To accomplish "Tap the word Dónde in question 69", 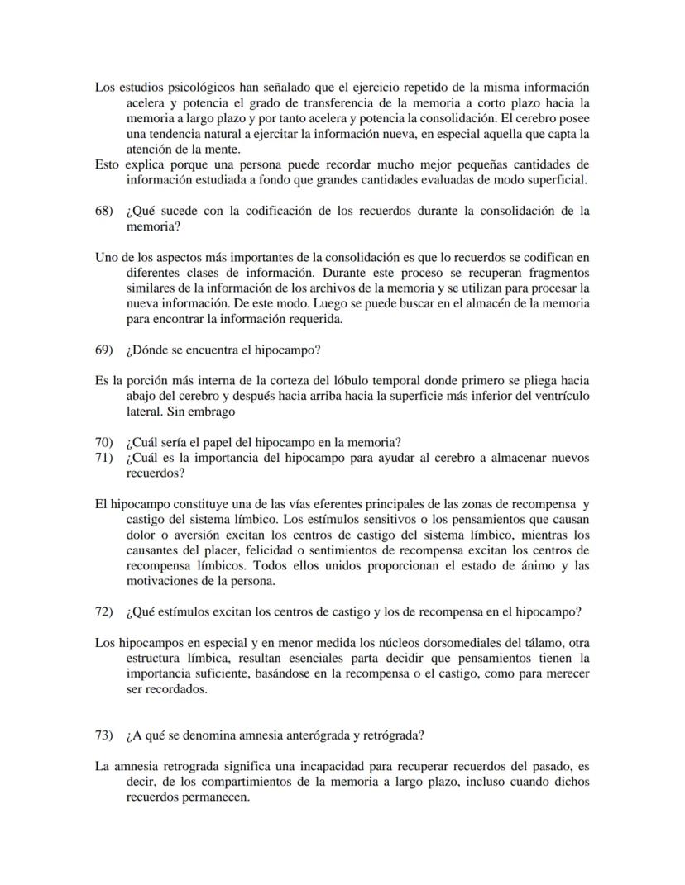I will pos(151,350).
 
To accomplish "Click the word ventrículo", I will pos(558,396).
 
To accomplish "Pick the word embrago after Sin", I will pos(209,411).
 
